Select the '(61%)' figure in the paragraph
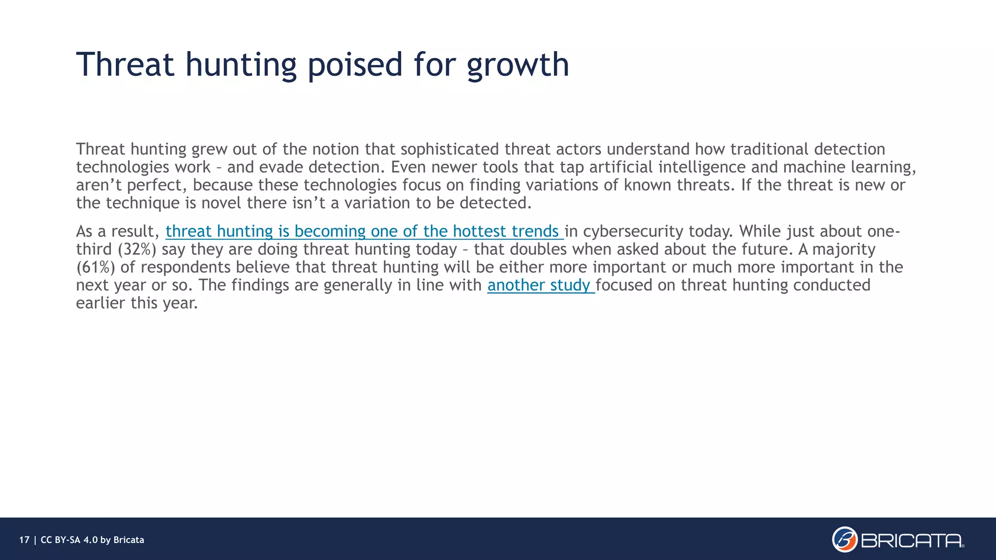[x=95, y=267]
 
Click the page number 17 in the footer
[x=24, y=540]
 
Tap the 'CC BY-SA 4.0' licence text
[x=69, y=540]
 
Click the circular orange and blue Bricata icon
[x=845, y=540]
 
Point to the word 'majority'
[x=844, y=249]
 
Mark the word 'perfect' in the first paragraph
[x=157, y=185]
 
